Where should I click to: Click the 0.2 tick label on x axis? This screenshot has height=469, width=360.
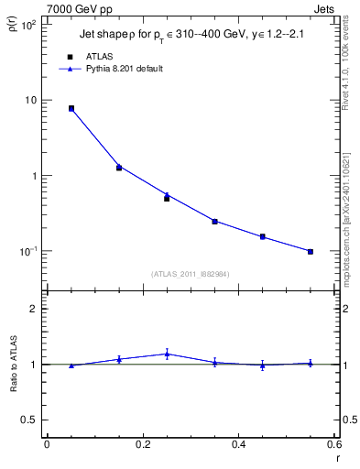point(142,444)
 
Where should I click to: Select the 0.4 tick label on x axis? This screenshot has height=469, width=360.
point(238,444)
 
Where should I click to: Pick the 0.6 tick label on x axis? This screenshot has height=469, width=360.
point(333,444)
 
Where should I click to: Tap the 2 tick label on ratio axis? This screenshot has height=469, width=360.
point(33,309)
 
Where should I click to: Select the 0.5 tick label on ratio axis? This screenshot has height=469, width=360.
point(29,420)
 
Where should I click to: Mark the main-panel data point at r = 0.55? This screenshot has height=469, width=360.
point(311,251)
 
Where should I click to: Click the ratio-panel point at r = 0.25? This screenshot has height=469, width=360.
point(167,354)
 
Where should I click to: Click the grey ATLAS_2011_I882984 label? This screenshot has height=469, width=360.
point(190,273)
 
